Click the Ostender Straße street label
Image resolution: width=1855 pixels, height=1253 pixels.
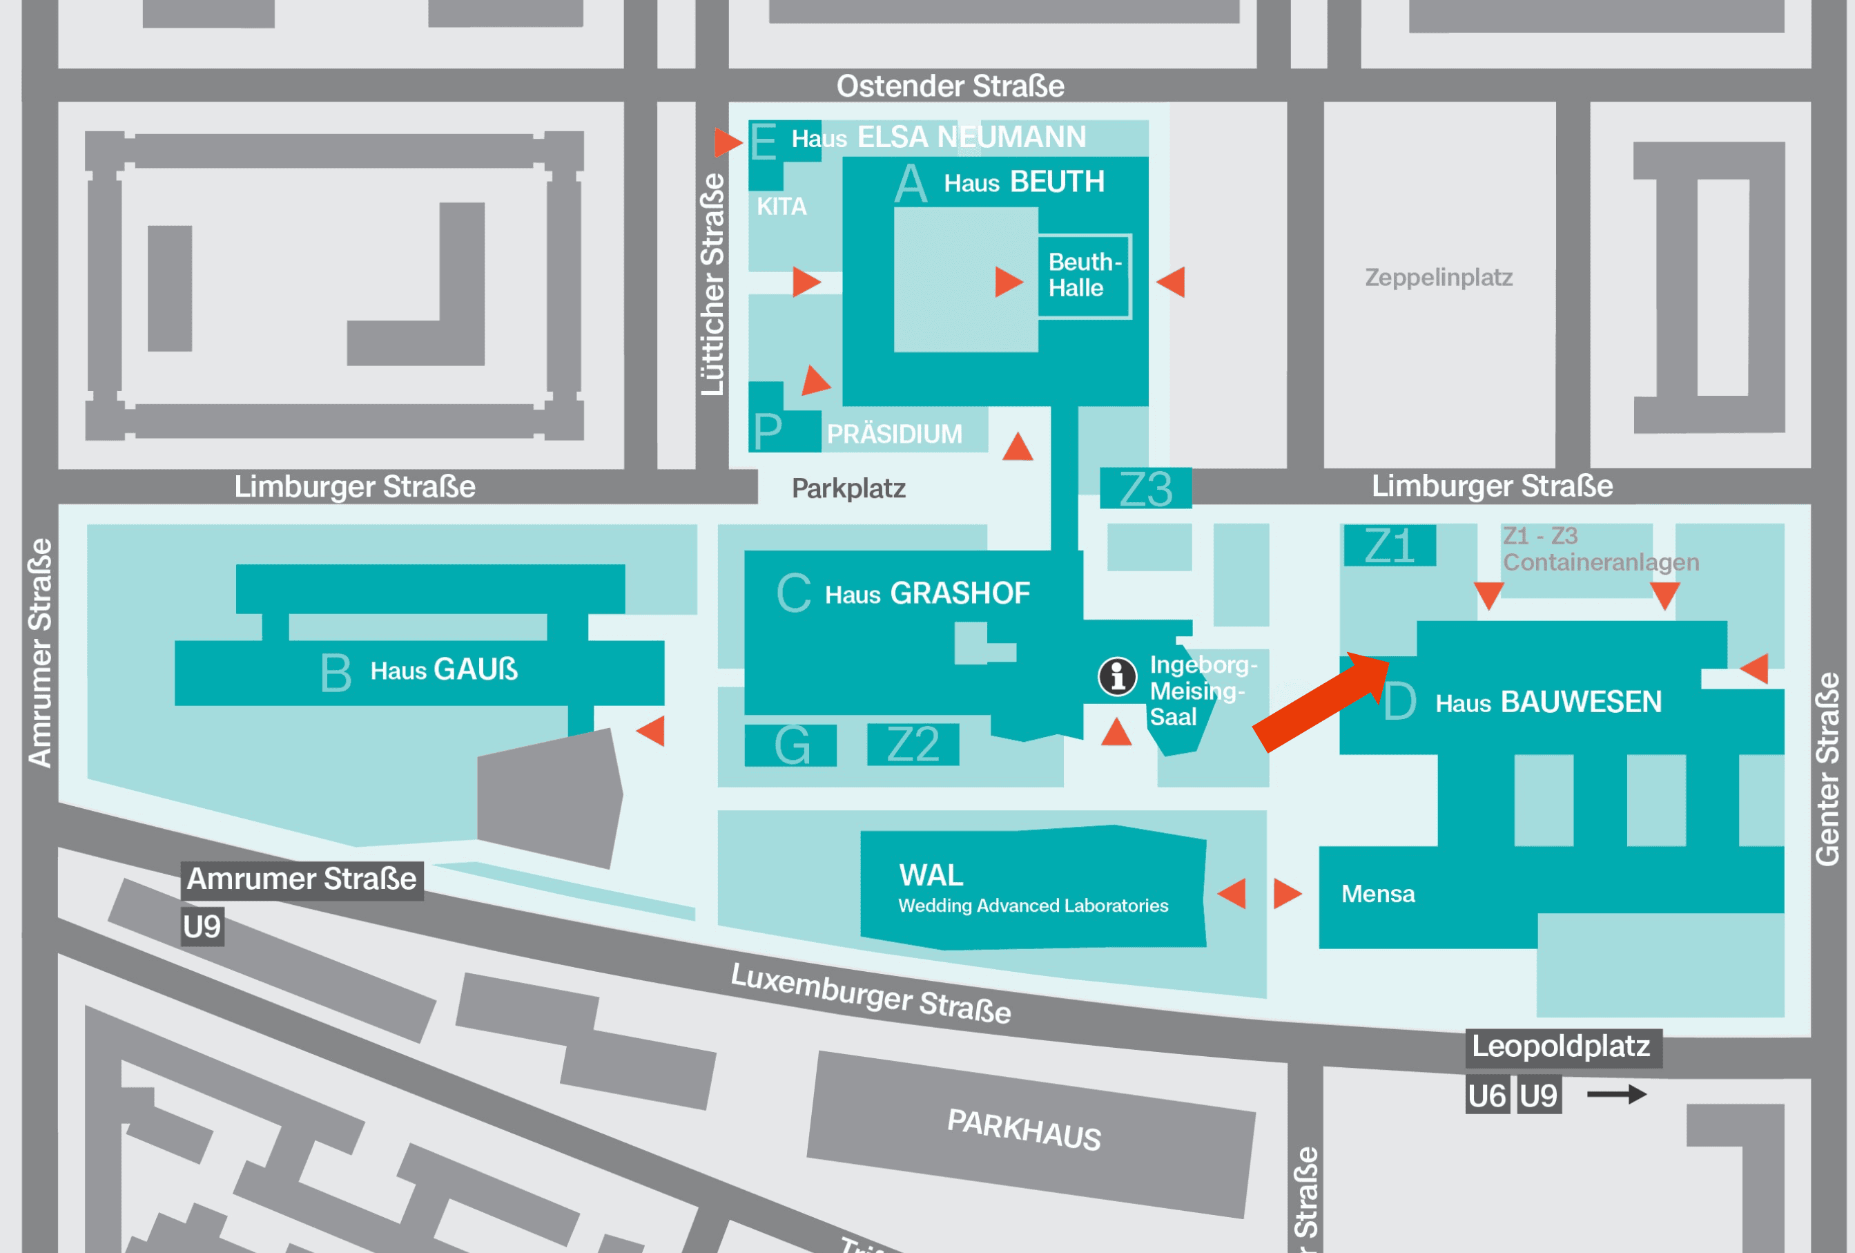(950, 86)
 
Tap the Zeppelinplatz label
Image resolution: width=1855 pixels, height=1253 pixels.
(1438, 277)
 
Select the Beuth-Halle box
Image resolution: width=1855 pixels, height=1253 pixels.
(1084, 276)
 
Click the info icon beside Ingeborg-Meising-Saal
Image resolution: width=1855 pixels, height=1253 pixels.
(1117, 676)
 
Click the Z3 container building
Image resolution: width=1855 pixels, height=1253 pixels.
(1145, 489)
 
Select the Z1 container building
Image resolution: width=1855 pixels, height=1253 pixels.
(1389, 546)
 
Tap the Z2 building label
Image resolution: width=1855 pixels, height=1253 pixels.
(913, 745)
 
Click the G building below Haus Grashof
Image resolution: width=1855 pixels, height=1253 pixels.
(791, 745)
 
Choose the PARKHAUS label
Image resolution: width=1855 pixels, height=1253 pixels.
(1023, 1129)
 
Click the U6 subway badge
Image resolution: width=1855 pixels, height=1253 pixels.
(1486, 1096)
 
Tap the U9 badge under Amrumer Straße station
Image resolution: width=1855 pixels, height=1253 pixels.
(202, 926)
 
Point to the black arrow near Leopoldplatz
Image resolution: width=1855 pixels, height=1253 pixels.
(1615, 1094)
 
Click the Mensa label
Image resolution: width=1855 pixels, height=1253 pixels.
(1378, 894)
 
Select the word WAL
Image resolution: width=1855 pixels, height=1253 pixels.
(931, 875)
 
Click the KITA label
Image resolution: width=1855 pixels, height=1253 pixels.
(781, 207)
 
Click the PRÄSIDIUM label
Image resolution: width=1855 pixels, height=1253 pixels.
(894, 434)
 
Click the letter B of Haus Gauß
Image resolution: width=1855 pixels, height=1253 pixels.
(336, 672)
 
